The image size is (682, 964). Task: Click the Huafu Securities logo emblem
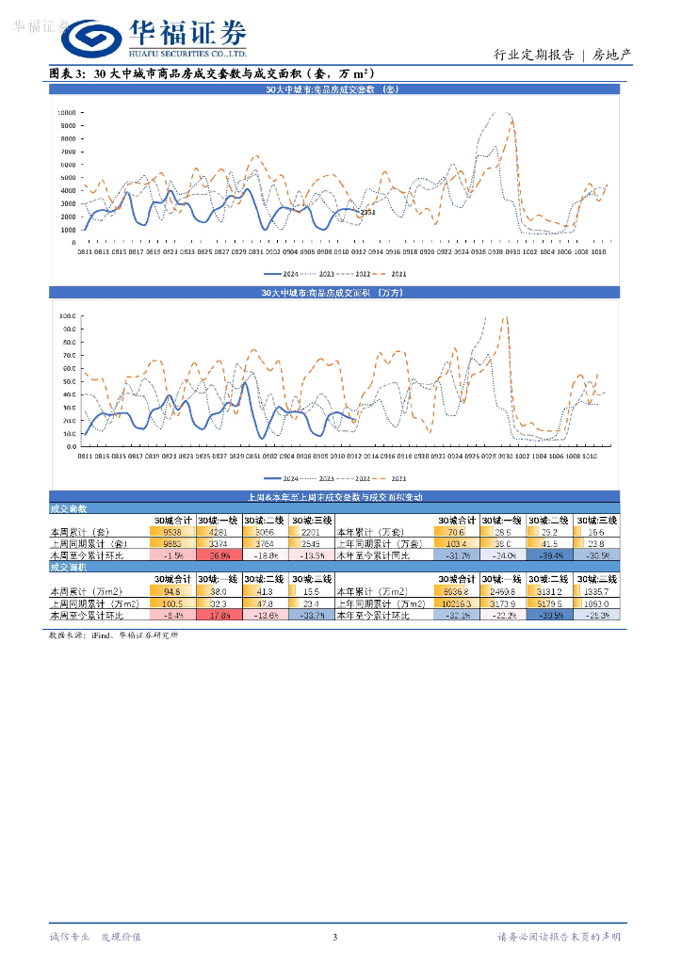click(91, 40)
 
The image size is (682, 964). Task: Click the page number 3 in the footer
click(334, 937)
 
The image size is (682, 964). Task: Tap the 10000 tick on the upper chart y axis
click(66, 112)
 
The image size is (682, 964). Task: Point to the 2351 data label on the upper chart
click(367, 213)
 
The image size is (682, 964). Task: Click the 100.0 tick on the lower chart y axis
click(68, 316)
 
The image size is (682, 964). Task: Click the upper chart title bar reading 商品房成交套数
click(333, 89)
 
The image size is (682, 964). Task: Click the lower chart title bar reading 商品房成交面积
click(333, 294)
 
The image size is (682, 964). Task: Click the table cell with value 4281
click(219, 532)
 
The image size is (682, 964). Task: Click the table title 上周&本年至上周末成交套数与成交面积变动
click(333, 497)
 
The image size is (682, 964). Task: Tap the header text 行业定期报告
click(534, 55)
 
